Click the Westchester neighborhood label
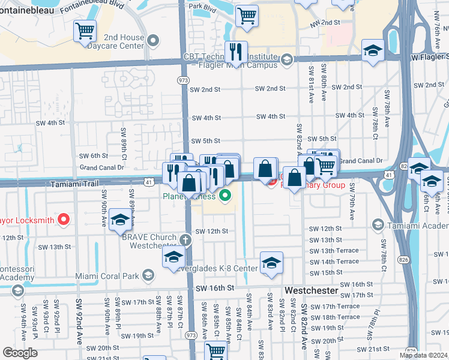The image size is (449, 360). click(x=311, y=290)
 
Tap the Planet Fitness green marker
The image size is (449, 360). click(x=226, y=195)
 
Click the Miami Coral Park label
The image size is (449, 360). click(x=107, y=276)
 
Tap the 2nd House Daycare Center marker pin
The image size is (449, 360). click(x=154, y=41)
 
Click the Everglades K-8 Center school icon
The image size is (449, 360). click(x=271, y=263)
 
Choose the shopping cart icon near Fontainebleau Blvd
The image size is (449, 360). click(x=85, y=30)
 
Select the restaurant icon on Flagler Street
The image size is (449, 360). click(x=236, y=52)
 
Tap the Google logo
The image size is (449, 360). click(x=20, y=353)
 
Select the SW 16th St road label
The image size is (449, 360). click(x=214, y=289)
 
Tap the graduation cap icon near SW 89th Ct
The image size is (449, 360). click(x=120, y=220)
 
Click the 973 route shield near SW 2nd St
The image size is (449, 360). click(x=183, y=80)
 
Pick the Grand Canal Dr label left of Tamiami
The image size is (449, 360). click(x=97, y=167)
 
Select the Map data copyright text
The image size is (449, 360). click(x=423, y=355)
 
